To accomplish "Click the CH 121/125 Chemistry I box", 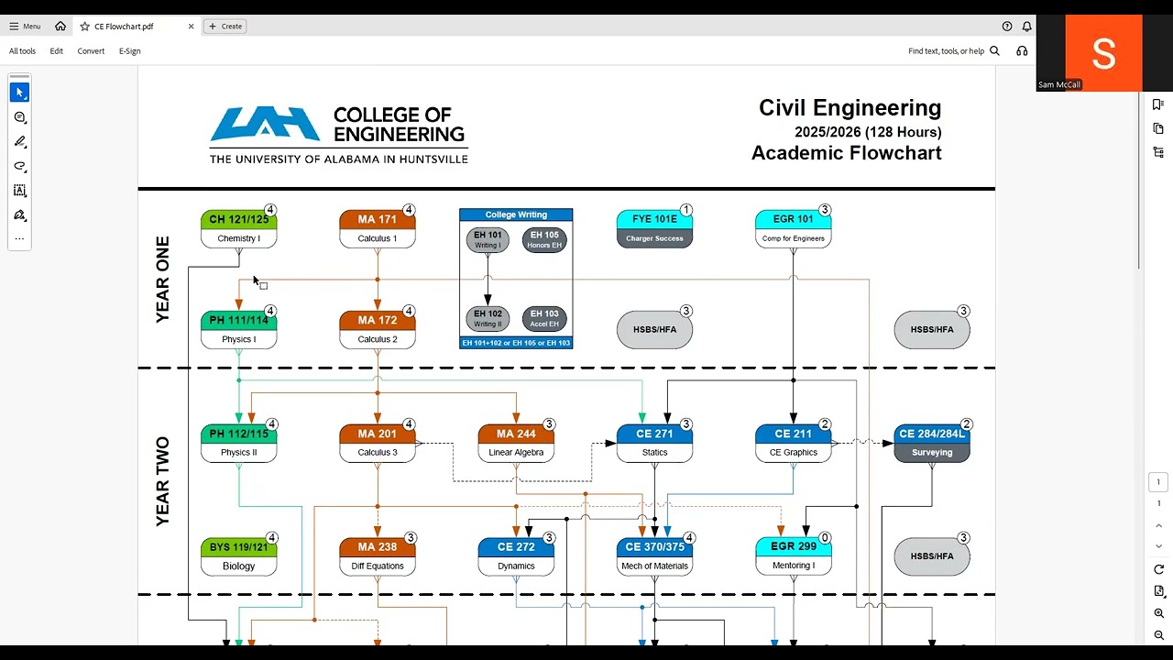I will pyautogui.click(x=238, y=229).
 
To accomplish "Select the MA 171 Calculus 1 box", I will pyautogui.click(x=377, y=229).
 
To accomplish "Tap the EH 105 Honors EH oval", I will pyautogui.click(x=544, y=240).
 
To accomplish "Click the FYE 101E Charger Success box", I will pyautogui.click(x=654, y=229).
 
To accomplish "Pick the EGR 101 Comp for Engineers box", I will pyautogui.click(x=793, y=229).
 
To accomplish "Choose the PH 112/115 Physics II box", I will pyautogui.click(x=238, y=443).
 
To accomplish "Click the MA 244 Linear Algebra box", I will pyautogui.click(x=516, y=443).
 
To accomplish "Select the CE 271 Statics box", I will pyautogui.click(x=654, y=443).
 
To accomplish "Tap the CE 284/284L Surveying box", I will pyautogui.click(x=931, y=443).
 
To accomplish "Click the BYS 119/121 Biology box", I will pyautogui.click(x=238, y=556).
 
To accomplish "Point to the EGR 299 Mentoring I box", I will pyautogui.click(x=793, y=555).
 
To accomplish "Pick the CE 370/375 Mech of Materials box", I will pyautogui.click(x=654, y=556).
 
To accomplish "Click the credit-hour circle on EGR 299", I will pyautogui.click(x=825, y=538).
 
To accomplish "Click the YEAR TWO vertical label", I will pyautogui.click(x=163, y=481).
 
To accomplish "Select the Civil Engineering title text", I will pyautogui.click(x=850, y=108).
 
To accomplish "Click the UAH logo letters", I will pyautogui.click(x=265, y=124).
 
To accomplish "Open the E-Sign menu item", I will pyautogui.click(x=129, y=51).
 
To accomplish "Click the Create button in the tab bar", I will pyautogui.click(x=225, y=27).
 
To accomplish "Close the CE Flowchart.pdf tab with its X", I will pyautogui.click(x=192, y=27).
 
